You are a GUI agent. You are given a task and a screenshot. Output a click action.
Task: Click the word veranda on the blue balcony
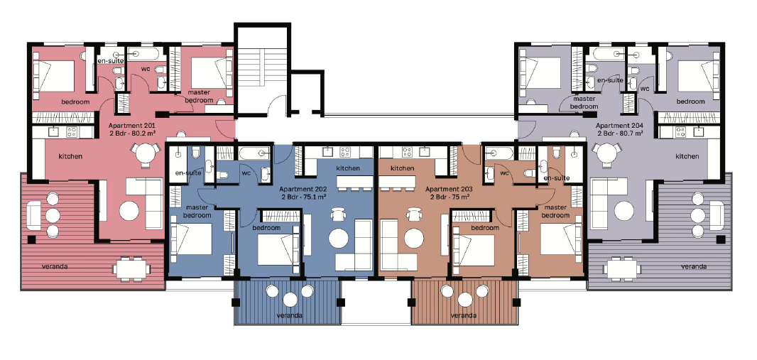(x=290, y=315)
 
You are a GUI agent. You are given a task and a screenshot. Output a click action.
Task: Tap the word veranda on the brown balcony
(x=463, y=315)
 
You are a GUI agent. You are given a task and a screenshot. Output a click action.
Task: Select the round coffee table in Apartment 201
(x=129, y=211)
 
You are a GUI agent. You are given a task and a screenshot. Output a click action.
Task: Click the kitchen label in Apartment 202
(x=347, y=168)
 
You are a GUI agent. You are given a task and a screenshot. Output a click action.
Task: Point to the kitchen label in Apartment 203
(x=402, y=168)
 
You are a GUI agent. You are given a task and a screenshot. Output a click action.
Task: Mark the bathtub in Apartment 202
(x=254, y=153)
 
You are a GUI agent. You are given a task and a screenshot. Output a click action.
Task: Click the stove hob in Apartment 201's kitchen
(x=72, y=132)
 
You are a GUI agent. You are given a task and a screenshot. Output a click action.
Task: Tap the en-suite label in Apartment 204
(x=610, y=80)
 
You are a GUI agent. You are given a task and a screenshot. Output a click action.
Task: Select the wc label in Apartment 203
(x=505, y=173)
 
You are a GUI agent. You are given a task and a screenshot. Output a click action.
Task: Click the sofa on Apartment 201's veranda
(x=33, y=215)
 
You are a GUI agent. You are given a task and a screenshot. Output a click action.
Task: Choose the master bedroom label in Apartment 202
(x=198, y=211)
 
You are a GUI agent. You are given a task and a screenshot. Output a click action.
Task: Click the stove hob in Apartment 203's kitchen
(x=407, y=152)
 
